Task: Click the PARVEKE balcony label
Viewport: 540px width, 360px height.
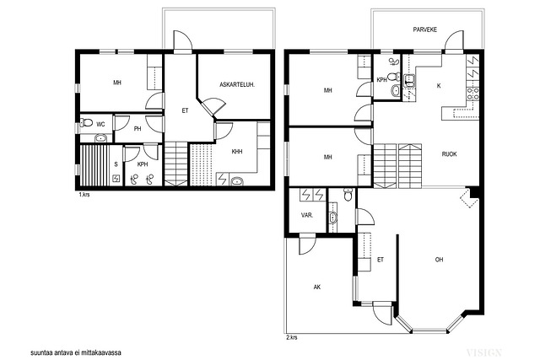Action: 425,30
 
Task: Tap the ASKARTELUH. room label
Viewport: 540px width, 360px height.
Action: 237,84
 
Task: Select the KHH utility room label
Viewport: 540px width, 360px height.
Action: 237,152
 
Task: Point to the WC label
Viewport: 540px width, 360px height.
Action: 100,124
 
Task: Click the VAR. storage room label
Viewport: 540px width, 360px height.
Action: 307,216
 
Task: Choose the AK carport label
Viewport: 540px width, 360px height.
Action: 317,287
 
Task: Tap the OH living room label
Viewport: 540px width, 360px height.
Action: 439,260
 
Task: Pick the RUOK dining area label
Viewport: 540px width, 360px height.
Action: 450,154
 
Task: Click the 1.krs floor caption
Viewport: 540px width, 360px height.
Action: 84,195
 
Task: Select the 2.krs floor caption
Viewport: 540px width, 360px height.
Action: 292,337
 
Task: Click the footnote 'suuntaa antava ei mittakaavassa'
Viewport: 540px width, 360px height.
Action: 76,352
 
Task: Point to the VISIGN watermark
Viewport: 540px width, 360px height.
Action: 483,352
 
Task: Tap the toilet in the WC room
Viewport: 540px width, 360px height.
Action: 86,122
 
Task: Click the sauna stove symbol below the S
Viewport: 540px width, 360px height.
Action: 116,178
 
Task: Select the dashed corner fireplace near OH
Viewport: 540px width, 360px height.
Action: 467,199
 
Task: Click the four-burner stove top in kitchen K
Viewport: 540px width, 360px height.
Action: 472,94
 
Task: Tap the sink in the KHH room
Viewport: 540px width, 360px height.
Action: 237,180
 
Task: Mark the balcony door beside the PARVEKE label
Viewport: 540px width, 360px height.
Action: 455,40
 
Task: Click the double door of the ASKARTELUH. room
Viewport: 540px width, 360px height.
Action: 212,106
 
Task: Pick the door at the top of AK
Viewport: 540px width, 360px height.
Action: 307,244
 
